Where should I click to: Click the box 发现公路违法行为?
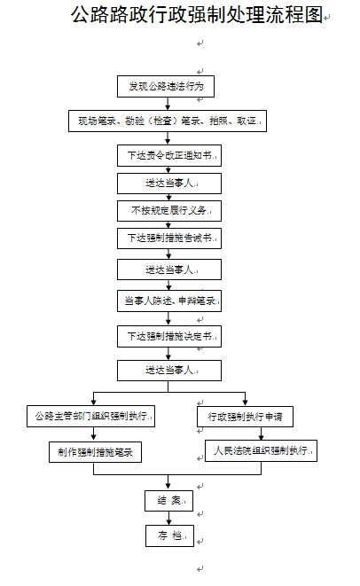(x=167, y=86)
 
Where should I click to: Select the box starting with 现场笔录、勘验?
(x=167, y=121)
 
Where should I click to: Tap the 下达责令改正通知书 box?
(x=168, y=155)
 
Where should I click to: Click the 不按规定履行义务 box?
(x=168, y=211)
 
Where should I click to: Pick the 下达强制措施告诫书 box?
(x=168, y=238)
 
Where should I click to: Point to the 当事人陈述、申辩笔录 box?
(x=168, y=301)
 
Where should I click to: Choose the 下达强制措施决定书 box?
(x=168, y=336)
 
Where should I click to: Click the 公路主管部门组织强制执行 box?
(x=91, y=415)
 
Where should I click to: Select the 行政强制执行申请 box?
(x=245, y=415)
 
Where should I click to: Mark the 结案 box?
(x=168, y=500)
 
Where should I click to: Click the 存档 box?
(x=168, y=535)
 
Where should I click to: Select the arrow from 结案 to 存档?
(x=168, y=518)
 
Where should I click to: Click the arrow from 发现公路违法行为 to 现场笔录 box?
(x=167, y=103)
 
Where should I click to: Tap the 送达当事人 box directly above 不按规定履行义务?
(x=168, y=183)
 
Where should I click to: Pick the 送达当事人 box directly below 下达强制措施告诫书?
(x=168, y=269)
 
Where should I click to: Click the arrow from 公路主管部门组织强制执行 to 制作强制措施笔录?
(x=93, y=433)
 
